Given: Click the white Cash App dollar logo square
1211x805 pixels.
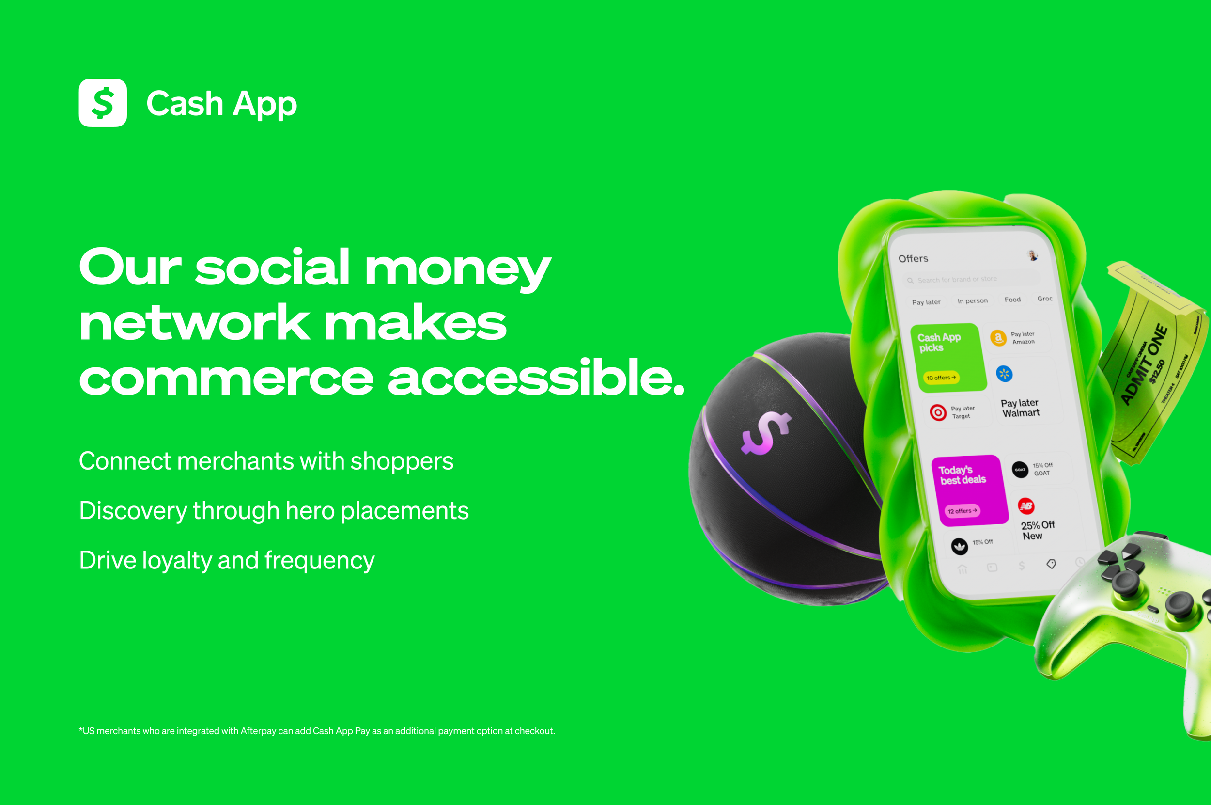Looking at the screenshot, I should tap(103, 103).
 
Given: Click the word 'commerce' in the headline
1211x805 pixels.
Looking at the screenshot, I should tap(226, 379).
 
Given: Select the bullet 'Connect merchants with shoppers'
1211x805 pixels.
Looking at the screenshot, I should tap(266, 461).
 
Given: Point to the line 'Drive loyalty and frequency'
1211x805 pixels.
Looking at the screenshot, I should tap(227, 560).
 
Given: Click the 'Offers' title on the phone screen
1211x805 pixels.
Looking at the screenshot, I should tap(913, 258).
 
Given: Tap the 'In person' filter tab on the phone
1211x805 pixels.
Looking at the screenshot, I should tap(972, 301).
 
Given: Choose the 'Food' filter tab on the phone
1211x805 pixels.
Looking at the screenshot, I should tap(1012, 300).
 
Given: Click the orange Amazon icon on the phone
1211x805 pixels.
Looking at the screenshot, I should tap(998, 338).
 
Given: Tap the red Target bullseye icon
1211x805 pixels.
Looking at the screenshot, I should tap(938, 412).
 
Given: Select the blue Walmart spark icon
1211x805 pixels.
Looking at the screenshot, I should tap(1004, 374).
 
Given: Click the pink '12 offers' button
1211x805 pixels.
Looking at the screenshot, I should tap(962, 511).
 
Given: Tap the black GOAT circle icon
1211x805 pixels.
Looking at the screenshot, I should tap(1020, 469).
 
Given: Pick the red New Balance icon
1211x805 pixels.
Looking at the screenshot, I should tap(1026, 506).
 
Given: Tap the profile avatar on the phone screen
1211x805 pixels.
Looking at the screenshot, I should tap(1032, 255).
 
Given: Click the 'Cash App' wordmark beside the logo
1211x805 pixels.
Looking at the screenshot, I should tap(222, 104).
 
